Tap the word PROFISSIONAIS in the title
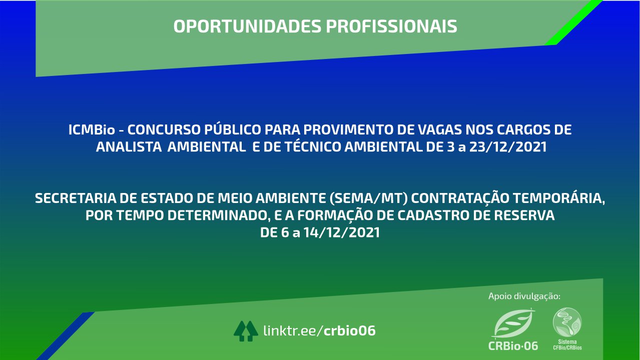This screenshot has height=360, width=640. [x=392, y=26]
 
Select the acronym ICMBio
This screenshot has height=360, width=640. [x=92, y=130]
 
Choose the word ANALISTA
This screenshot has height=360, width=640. [x=129, y=147]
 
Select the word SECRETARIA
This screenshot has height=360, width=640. [x=76, y=198]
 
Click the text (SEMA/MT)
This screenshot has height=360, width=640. [x=369, y=198]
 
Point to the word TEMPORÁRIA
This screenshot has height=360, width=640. [x=558, y=198]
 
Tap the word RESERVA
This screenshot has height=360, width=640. [x=524, y=215]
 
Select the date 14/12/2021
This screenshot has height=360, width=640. [x=341, y=232]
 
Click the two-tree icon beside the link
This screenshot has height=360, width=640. [x=246, y=331]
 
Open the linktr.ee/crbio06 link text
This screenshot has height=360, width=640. [x=319, y=330]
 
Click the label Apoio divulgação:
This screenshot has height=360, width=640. [x=524, y=296]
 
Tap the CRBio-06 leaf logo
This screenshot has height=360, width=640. [x=513, y=329]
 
